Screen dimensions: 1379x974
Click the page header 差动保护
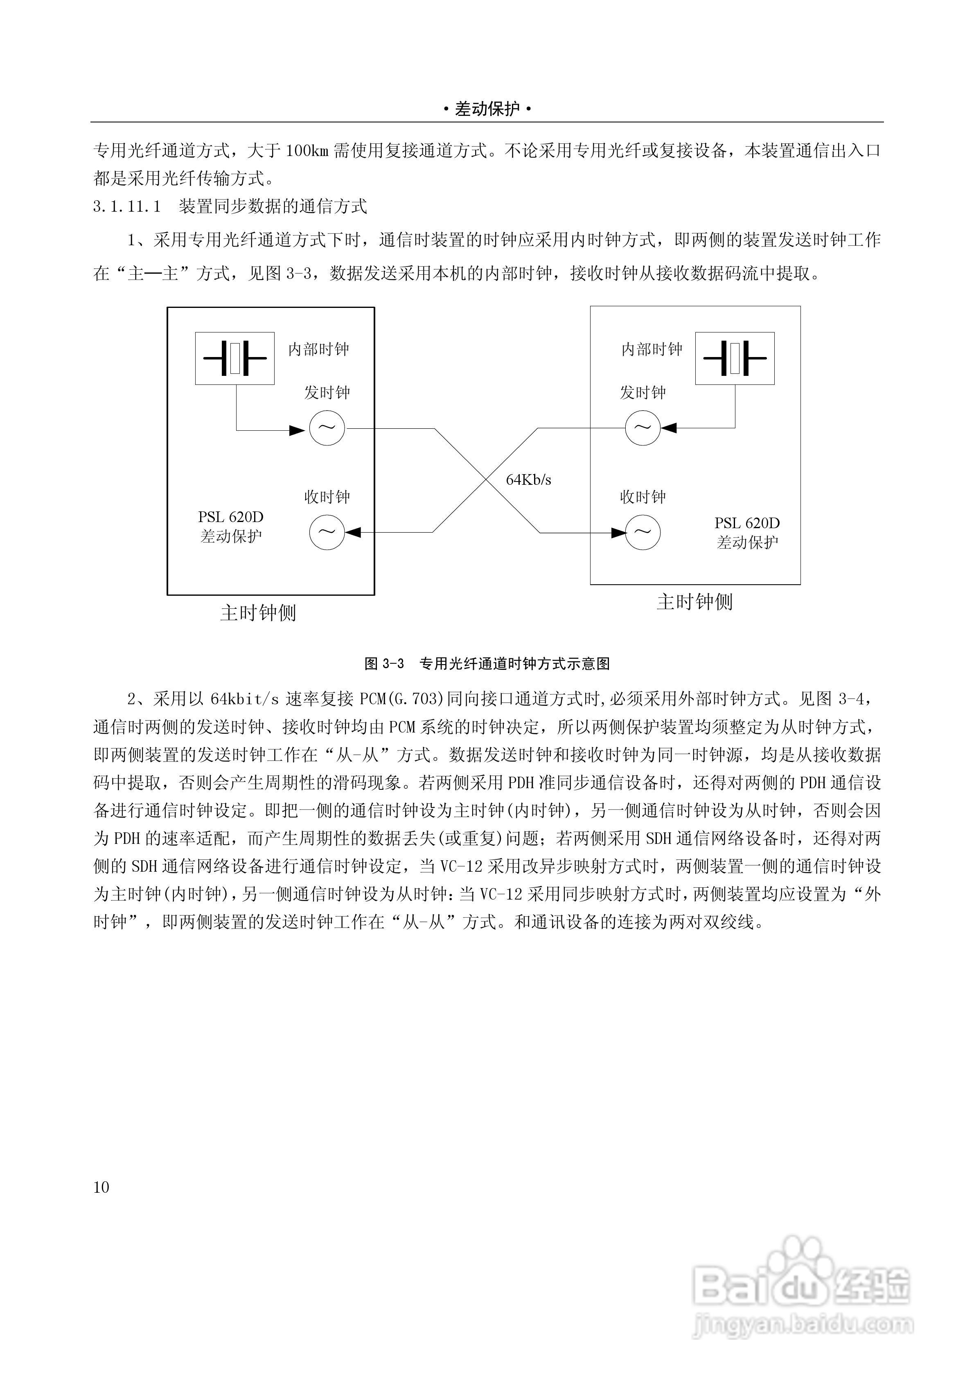487,109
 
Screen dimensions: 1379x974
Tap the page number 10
101,1187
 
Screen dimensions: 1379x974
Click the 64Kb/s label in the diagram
528,479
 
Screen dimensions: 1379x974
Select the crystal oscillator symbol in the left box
235,358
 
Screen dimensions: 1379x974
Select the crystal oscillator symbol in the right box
735,358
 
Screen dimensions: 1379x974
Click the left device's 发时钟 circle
327,428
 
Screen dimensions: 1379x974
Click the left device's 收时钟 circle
327,532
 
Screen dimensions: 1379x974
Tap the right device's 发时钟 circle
643,428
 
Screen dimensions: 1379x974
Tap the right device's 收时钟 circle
643,532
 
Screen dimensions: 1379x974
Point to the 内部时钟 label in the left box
318,349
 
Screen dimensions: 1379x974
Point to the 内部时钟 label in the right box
652,349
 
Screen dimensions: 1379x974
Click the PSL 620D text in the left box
230,517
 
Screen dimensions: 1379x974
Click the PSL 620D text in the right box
747,523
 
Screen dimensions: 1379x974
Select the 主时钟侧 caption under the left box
258,613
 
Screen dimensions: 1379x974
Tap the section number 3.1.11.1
127,207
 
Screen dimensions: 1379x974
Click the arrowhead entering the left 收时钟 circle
353,532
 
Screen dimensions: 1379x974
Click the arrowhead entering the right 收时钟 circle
618,532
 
